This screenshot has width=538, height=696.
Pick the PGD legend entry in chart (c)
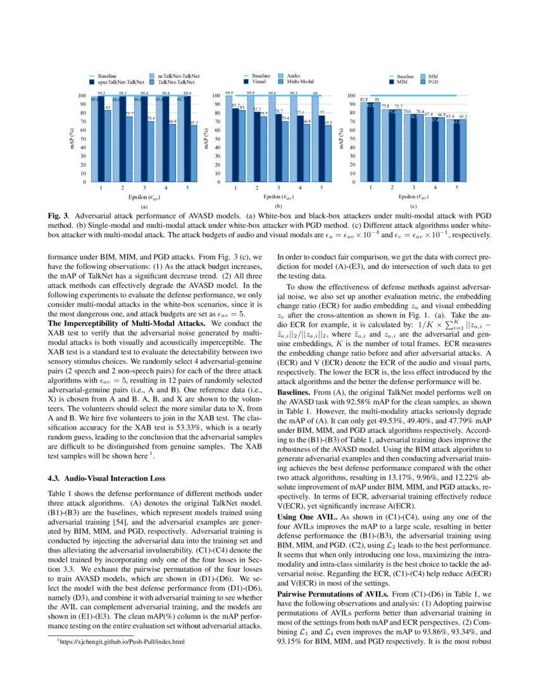coord(433,82)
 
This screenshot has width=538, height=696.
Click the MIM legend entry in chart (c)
coord(403,82)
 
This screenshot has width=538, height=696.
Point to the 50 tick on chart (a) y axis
coord(82,139)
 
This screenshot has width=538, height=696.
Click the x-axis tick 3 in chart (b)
coord(278,189)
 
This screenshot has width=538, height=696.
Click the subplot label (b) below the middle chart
coord(277,206)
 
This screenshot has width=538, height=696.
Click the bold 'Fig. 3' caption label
coord(59,216)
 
